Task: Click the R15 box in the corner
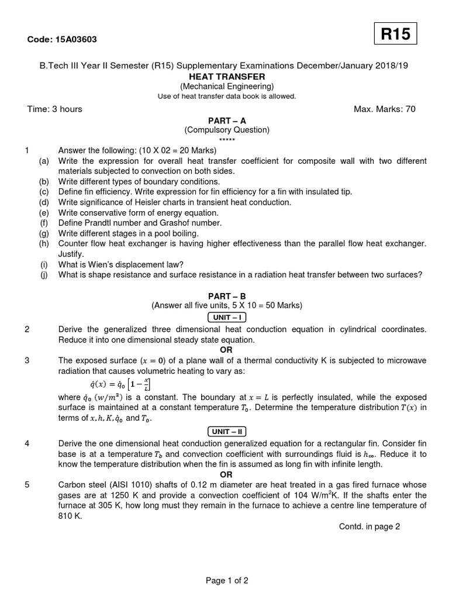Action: (396, 35)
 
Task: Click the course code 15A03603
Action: (62, 40)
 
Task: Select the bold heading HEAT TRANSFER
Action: (227, 77)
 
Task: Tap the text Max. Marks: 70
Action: (385, 109)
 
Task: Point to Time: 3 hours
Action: (55, 109)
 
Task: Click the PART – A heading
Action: (227, 121)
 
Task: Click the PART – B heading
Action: (227, 296)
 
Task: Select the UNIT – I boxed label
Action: (227, 318)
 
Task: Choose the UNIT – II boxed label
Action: (227, 432)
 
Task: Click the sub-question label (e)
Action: (44, 212)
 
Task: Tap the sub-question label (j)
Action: (44, 275)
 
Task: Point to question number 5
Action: (27, 484)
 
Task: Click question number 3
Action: (27, 360)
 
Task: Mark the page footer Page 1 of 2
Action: (227, 581)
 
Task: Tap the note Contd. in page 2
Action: (369, 526)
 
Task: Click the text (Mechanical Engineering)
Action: (227, 87)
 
